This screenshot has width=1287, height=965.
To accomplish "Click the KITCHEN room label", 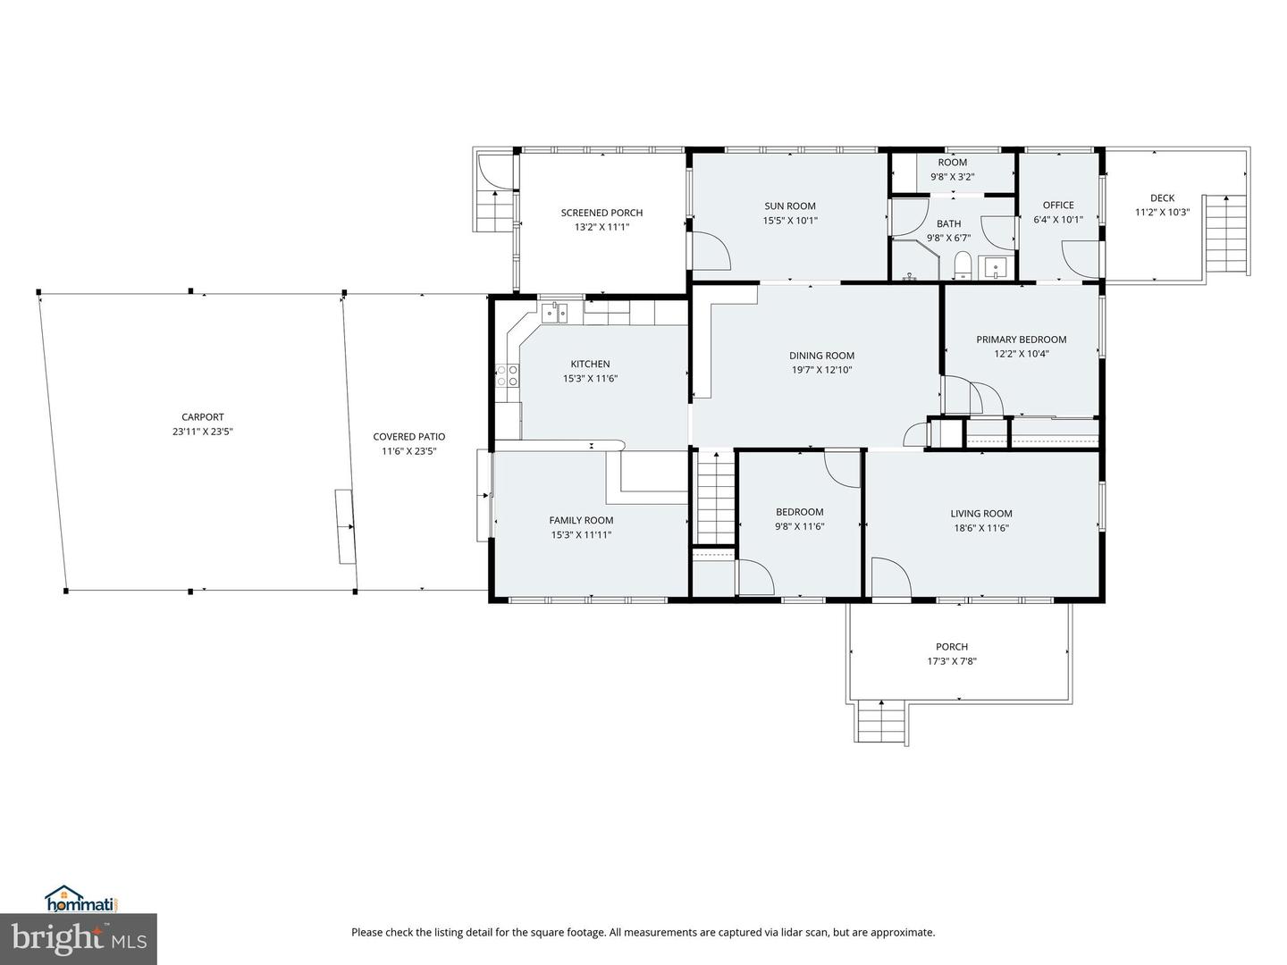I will point(590,364).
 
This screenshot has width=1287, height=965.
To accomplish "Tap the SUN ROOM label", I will point(789,206).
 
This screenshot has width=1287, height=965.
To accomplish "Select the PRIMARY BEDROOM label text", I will point(1021,340).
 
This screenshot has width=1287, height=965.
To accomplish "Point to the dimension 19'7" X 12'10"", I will point(821,370).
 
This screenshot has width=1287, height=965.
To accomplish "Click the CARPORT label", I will point(203,417).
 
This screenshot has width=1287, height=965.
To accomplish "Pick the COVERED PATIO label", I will point(408,437).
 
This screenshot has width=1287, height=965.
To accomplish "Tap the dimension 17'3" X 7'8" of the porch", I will point(952,662).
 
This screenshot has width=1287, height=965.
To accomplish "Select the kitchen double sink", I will point(554,312).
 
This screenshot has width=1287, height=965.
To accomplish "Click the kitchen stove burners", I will point(507,376).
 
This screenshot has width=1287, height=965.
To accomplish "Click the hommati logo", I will point(81,899).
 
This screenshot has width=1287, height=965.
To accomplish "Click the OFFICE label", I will point(1058,206).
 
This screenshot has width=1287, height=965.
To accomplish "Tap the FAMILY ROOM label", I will point(581,521).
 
